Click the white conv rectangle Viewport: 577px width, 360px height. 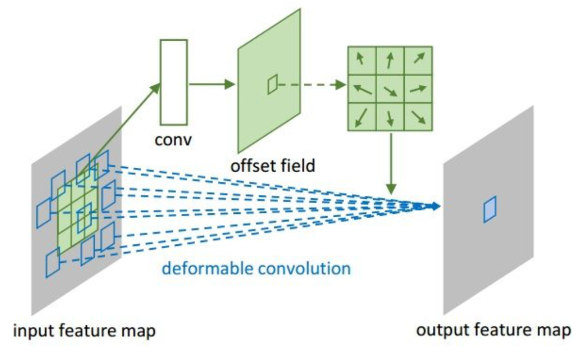174,82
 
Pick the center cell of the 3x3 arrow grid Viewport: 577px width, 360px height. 391,89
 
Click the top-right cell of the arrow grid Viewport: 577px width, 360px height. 419,60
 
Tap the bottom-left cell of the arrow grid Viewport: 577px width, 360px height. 362,117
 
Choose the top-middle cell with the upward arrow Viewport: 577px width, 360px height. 391,60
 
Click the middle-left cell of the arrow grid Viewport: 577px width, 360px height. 362,89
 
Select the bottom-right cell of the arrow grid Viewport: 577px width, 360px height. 419,117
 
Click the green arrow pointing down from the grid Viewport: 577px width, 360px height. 391,162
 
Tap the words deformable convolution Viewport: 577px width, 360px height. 256,269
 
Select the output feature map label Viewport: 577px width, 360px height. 493,330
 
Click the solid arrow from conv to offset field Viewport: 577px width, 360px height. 211,84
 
